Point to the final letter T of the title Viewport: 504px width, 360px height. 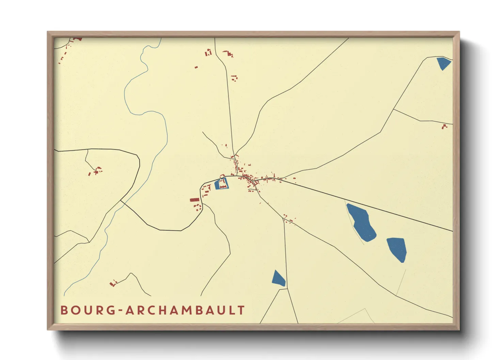(241, 310)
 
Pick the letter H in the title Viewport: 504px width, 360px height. (159, 310)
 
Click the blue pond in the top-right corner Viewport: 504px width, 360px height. (443, 63)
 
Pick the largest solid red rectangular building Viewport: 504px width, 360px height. (194, 200)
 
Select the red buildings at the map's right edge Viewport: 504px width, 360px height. (444, 127)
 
